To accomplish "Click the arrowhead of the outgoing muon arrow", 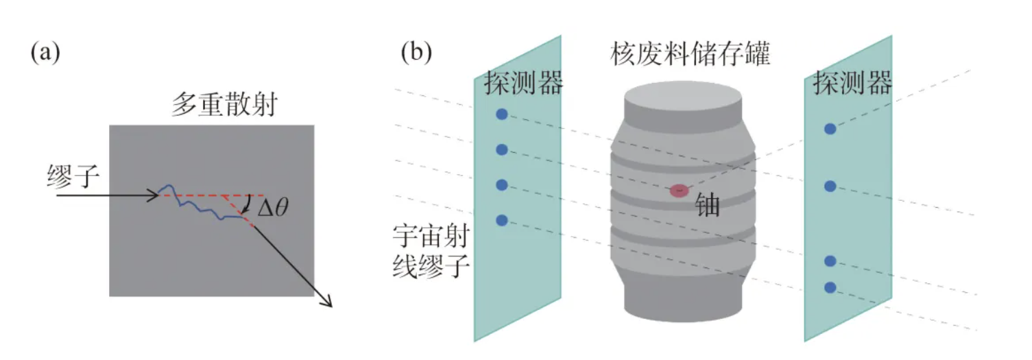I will (x=328, y=303).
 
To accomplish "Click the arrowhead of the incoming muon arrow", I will (x=156, y=196).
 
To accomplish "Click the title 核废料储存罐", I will (x=691, y=54).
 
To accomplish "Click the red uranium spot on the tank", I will (x=679, y=191).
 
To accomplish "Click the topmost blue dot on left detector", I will (x=501, y=115).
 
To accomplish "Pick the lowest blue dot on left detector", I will (x=501, y=220).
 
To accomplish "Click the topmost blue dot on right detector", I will (x=830, y=128).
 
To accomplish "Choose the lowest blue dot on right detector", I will (x=830, y=287).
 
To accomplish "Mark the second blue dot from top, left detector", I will (x=501, y=149).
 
